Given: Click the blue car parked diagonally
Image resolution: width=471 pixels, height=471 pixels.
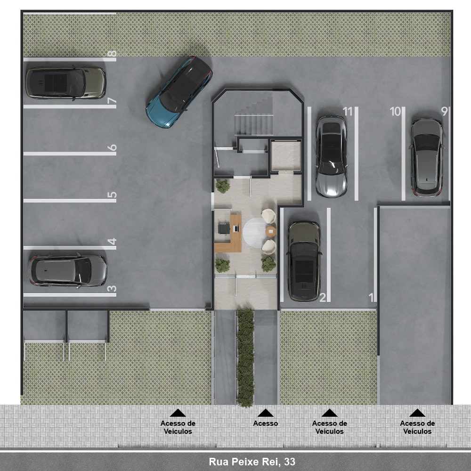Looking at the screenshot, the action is point(179,92).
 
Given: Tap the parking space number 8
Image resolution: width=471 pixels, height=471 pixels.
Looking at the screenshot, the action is point(112,54).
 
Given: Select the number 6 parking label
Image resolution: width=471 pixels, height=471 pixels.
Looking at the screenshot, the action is point(112,147).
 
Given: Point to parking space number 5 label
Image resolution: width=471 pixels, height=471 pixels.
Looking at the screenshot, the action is point(112,195).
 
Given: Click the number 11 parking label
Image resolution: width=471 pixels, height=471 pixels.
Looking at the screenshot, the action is point(348,112).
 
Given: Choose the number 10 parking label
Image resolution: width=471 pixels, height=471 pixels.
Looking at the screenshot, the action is point(395,112).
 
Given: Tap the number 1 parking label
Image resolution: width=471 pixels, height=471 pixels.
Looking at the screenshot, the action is point(371,297).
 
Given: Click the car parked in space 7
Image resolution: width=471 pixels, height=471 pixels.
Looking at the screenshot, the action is point(66,83).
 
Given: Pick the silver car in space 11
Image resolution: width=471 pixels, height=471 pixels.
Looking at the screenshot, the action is point(331,156).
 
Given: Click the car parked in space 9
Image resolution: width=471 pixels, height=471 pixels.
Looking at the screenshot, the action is point(427,157).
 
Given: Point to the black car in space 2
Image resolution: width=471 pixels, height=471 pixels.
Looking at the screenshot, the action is point(304,261).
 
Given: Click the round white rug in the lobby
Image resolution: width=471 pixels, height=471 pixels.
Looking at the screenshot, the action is point(255,233).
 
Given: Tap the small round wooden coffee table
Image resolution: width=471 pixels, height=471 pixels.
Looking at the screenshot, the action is point(271,232).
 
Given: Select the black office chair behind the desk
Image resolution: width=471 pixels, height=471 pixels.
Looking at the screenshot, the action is point(224,228).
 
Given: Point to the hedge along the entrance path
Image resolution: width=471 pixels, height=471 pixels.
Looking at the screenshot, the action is point(245,357).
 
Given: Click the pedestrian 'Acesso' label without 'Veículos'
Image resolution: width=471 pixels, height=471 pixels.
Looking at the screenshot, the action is point(266,423).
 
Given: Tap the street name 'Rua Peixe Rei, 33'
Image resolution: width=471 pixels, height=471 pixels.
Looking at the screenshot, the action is point(252,462).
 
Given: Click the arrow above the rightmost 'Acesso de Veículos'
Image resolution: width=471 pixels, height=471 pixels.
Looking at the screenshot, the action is point(417,413).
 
